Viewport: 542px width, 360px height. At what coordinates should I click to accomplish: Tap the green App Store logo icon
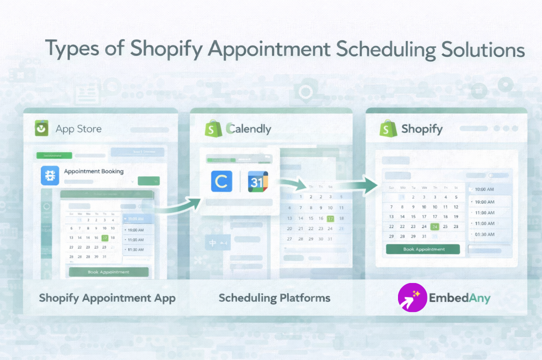[x=41, y=128]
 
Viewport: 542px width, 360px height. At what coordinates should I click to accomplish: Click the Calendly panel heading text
[x=248, y=129]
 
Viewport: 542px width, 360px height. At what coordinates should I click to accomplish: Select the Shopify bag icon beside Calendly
[x=213, y=128]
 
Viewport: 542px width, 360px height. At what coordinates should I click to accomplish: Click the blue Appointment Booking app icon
[x=50, y=175]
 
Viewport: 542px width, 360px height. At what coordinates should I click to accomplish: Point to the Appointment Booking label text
[x=93, y=171]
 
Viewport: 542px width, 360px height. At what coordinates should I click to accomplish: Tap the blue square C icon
[x=221, y=181]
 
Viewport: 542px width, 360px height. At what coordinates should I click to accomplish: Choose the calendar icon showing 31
[x=258, y=181]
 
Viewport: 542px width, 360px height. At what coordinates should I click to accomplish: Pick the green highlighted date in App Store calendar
[x=104, y=238]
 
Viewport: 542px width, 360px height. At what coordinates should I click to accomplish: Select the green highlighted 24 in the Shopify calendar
[x=434, y=226]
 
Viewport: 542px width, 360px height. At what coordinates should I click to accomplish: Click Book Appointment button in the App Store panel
[x=108, y=272]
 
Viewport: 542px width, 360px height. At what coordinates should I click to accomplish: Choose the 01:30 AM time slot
[x=484, y=234]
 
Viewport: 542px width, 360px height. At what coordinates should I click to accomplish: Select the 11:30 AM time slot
[x=135, y=249]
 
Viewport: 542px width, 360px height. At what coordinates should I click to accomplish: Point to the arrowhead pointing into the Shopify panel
[x=370, y=185]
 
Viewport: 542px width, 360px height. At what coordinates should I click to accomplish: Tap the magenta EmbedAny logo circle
[x=412, y=298]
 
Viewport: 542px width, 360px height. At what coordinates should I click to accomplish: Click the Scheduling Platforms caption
[x=274, y=298]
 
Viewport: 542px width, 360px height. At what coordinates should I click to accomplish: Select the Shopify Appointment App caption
[x=107, y=298]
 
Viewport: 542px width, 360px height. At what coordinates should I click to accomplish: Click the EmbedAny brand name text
[x=459, y=298]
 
